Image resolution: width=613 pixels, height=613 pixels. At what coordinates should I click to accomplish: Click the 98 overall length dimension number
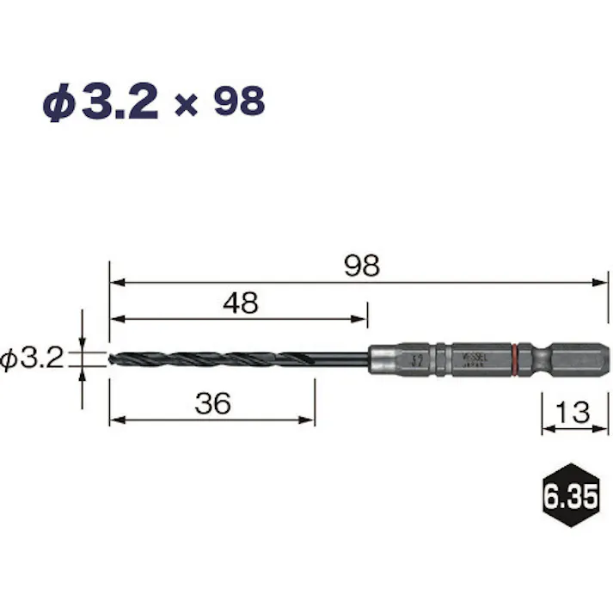[361, 266]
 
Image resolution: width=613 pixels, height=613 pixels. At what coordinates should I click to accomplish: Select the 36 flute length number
[212, 404]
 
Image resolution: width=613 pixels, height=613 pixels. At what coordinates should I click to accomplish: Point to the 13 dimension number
[573, 412]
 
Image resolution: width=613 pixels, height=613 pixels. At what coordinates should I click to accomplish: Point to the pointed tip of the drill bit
[112, 358]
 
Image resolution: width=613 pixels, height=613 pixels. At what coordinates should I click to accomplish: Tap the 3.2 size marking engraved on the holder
[417, 358]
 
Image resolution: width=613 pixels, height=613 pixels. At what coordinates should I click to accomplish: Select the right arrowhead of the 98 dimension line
[603, 281]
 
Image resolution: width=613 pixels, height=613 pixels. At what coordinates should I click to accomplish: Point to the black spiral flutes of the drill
[206, 358]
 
